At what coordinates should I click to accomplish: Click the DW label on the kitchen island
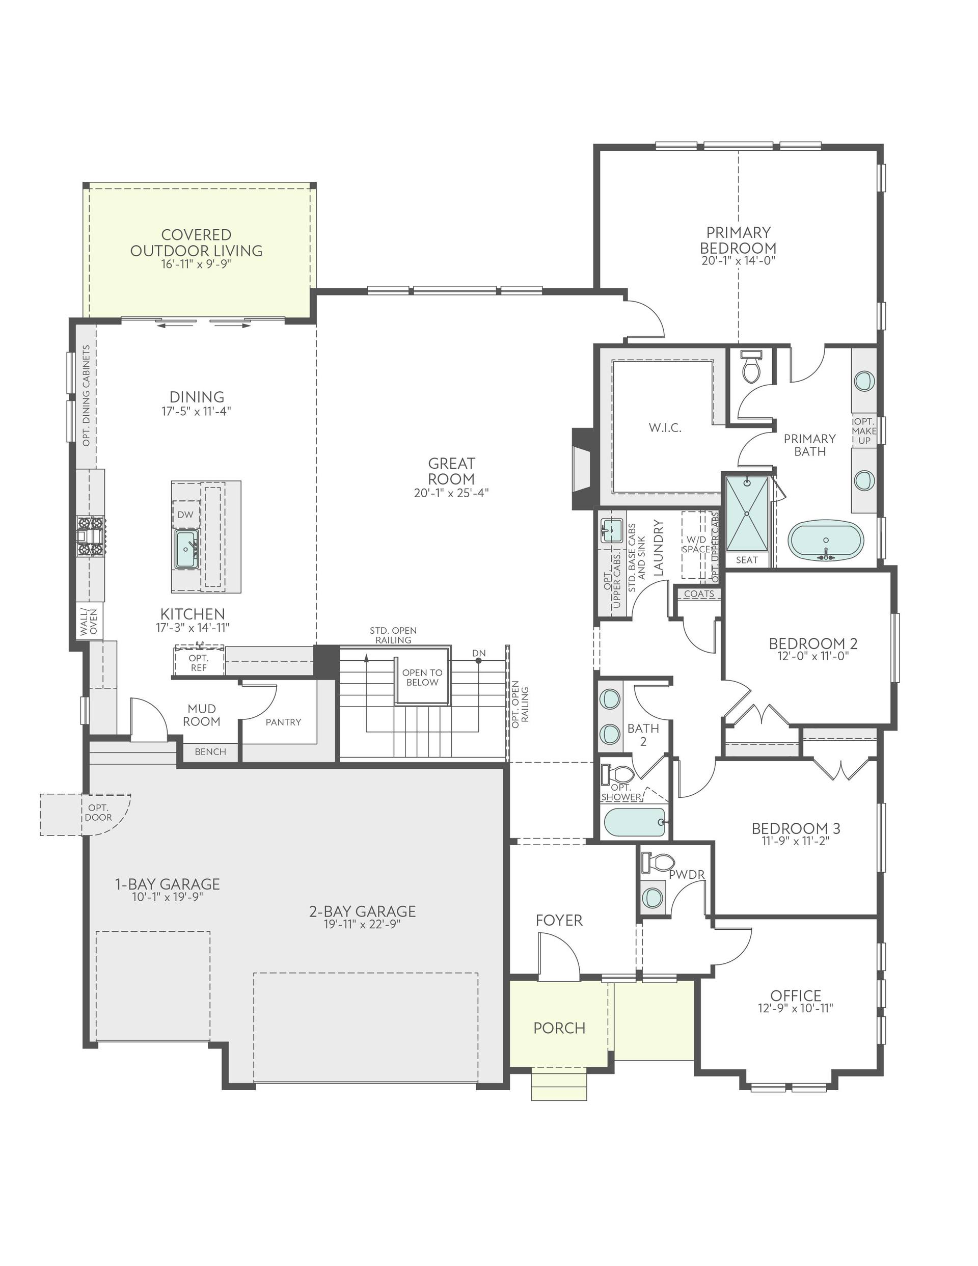coord(185,514)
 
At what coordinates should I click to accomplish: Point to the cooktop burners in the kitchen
coord(91,536)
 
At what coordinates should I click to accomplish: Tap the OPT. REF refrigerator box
coord(198,663)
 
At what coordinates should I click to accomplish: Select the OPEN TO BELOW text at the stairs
coord(422,677)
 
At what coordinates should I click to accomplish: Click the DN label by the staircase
coord(479,653)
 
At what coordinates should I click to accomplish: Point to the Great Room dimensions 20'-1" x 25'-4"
coord(452,493)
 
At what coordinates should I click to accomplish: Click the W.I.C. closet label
coord(665,428)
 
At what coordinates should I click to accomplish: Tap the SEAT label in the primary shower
coord(747,560)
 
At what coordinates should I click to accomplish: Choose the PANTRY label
coord(284,722)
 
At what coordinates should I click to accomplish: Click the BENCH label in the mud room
coord(210,752)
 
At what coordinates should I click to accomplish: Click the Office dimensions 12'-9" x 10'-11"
coord(795,1008)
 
